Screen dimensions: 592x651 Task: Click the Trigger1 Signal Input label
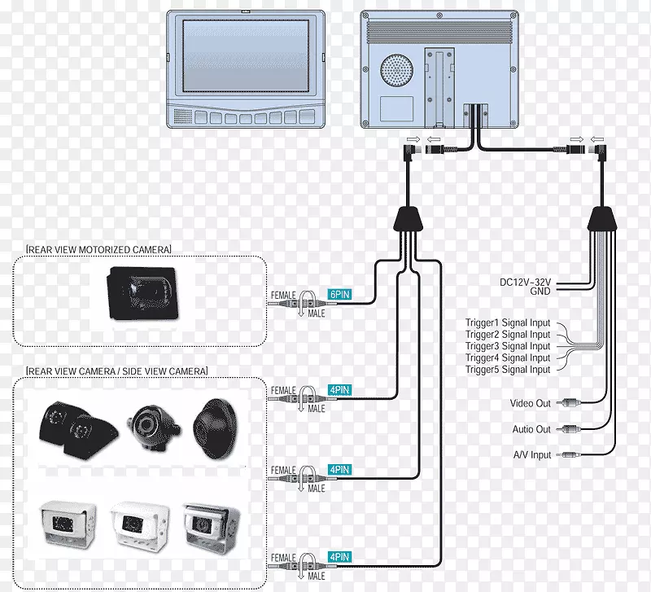point(508,322)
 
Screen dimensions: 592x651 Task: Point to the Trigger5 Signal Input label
point(508,370)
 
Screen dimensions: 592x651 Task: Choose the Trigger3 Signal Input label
point(508,346)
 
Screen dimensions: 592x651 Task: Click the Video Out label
point(530,403)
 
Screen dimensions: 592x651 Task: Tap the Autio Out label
point(531,429)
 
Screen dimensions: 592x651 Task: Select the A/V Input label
point(530,455)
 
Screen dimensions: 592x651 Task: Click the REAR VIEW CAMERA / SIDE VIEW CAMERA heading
point(117,371)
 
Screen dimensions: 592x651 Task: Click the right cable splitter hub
point(601,219)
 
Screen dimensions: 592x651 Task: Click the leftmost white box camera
point(68,519)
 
